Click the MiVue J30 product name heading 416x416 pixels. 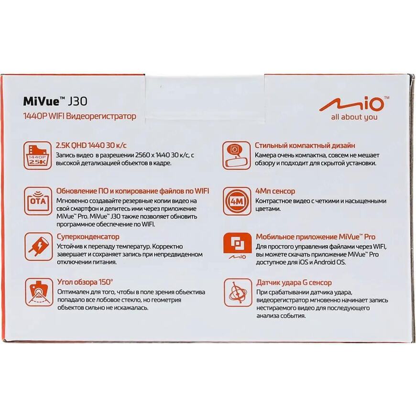55,101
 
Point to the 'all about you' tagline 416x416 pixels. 354,117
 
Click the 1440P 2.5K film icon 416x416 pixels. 37,155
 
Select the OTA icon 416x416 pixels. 38,201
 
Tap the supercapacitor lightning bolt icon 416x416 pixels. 38,247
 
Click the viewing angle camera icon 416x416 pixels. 39,292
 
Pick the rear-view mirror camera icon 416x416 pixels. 236,155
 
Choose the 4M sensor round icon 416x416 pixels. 237,201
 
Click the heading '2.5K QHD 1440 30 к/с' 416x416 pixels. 91,145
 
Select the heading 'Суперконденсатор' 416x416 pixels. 88,237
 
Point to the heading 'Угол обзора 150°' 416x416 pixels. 85,282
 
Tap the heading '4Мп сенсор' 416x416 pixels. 275,191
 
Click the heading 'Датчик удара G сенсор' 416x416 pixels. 294,283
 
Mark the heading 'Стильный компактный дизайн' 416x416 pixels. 305,145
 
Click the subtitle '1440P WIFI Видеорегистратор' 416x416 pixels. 80,116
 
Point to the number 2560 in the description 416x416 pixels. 138,155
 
